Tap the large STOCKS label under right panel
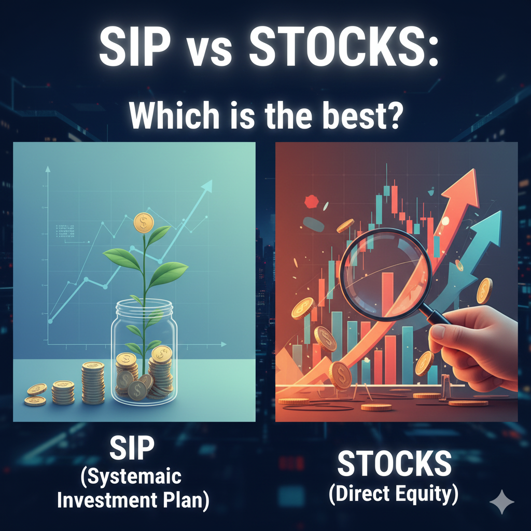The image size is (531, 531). click(394, 463)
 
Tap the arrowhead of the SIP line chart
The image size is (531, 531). click(207, 186)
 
